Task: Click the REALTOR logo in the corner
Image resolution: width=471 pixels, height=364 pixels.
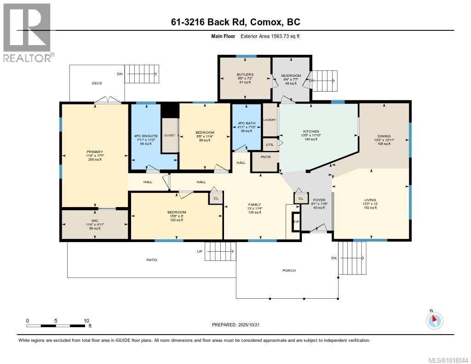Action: pyautogui.click(x=27, y=32)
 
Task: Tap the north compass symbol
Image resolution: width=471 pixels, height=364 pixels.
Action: pyautogui.click(x=435, y=319)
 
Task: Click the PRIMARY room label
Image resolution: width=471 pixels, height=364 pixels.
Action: pyautogui.click(x=95, y=151)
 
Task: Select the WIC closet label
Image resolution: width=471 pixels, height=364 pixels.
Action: pyautogui.click(x=95, y=221)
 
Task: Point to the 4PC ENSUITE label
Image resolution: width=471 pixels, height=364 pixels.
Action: pyautogui.click(x=146, y=136)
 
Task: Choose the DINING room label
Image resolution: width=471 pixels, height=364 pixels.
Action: pyautogui.click(x=384, y=136)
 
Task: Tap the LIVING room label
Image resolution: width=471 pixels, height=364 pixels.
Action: pyautogui.click(x=370, y=200)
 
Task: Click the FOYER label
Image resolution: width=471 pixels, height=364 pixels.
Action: pyautogui.click(x=319, y=200)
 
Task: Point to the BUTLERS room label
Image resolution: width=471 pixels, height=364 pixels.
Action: pyautogui.click(x=245, y=75)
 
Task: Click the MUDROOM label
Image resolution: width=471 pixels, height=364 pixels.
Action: pyautogui.click(x=291, y=76)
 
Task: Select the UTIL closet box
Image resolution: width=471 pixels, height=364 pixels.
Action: pyautogui.click(x=270, y=144)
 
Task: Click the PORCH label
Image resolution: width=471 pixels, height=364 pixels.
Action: pyautogui.click(x=289, y=271)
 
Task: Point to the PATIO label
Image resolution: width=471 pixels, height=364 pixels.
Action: pyautogui.click(x=152, y=260)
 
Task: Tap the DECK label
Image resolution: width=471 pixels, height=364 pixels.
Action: pyautogui.click(x=97, y=83)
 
